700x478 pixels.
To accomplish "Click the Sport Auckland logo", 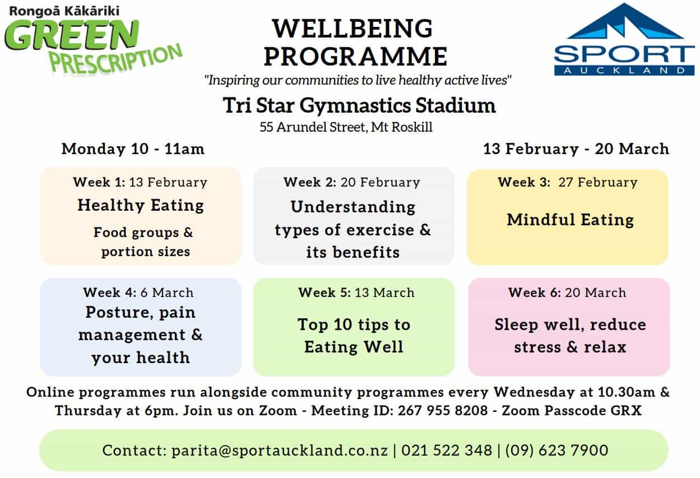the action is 624,39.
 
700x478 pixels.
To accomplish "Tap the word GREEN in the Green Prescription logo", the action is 72,35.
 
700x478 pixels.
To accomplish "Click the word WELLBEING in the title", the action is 353,29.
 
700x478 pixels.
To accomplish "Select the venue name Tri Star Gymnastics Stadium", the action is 359,105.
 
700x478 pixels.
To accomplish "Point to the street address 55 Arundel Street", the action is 313,127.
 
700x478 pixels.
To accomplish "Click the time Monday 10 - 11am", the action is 133,148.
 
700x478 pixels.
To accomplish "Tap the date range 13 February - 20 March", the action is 576,148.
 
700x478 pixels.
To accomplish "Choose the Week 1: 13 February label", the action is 140,182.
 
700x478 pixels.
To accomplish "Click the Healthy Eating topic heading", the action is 141,205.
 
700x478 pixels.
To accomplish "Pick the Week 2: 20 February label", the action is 352,182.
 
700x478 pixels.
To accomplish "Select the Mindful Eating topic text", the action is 571,220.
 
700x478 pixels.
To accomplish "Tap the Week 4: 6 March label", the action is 138,293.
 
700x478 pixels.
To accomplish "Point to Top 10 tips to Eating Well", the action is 354,336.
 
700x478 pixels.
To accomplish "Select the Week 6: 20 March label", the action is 568,293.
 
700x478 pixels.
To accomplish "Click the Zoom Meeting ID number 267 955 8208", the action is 443,411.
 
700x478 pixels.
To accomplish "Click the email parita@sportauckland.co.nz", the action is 280,451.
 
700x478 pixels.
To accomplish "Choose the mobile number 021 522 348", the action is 447,451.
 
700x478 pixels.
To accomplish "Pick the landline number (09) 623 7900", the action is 557,451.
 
